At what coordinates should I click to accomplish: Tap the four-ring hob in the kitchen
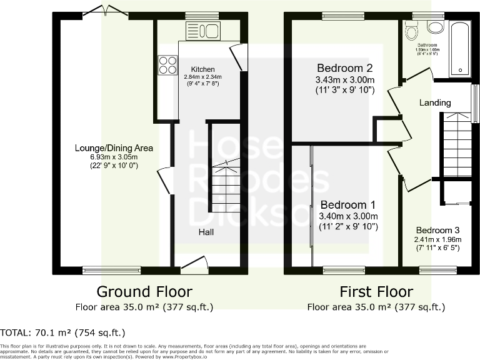(167, 65)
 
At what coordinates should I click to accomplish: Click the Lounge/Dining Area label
(114, 148)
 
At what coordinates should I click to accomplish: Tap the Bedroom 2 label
(345, 68)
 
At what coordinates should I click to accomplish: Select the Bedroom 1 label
(348, 205)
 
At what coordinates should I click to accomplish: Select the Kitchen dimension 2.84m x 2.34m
(203, 77)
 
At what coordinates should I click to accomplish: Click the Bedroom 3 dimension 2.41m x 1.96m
(438, 239)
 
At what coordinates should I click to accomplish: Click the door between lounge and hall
(165, 180)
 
